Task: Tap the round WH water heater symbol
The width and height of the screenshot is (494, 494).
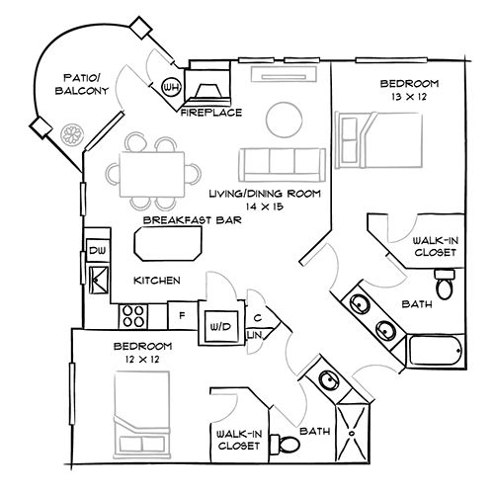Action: [170, 86]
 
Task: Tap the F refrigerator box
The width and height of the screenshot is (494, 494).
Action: [181, 317]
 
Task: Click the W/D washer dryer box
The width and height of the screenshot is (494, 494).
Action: [218, 324]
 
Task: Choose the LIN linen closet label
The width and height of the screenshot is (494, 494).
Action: [254, 336]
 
